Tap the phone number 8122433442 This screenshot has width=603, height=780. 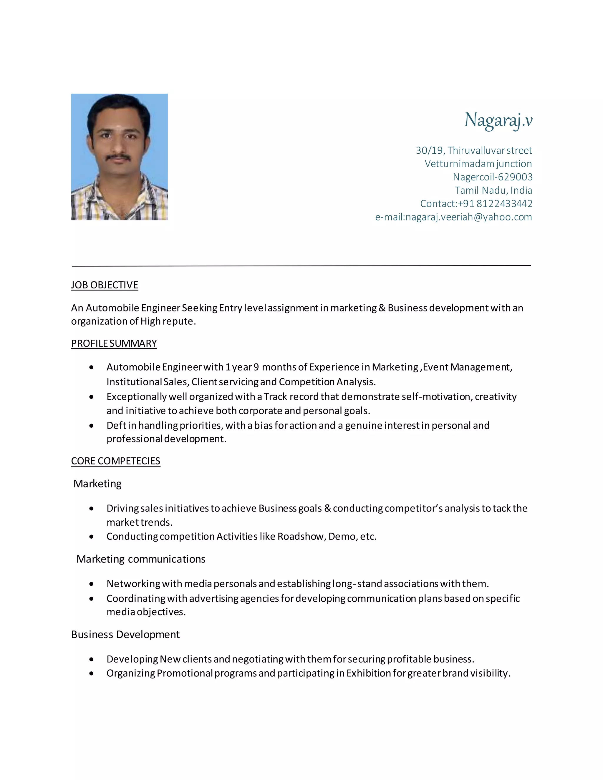point(504,204)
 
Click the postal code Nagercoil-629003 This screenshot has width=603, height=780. point(492,177)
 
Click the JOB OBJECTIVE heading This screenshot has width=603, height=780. point(104,285)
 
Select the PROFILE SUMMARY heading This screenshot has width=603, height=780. point(114,343)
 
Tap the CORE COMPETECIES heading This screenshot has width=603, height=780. point(115,461)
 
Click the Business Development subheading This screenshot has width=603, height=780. point(125,634)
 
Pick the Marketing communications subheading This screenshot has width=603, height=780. point(141,559)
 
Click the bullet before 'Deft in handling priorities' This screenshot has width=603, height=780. point(92,426)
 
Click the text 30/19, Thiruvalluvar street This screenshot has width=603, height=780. point(474,150)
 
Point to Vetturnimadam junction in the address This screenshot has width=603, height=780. point(478,164)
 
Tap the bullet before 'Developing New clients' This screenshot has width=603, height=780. point(92,659)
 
